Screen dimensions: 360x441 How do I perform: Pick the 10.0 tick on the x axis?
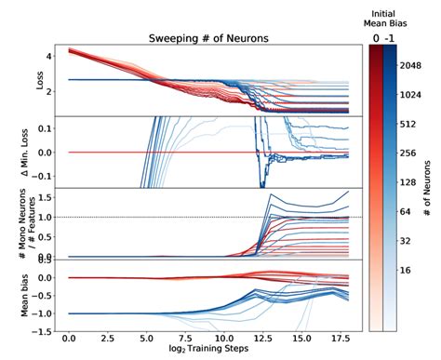point(220,340)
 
